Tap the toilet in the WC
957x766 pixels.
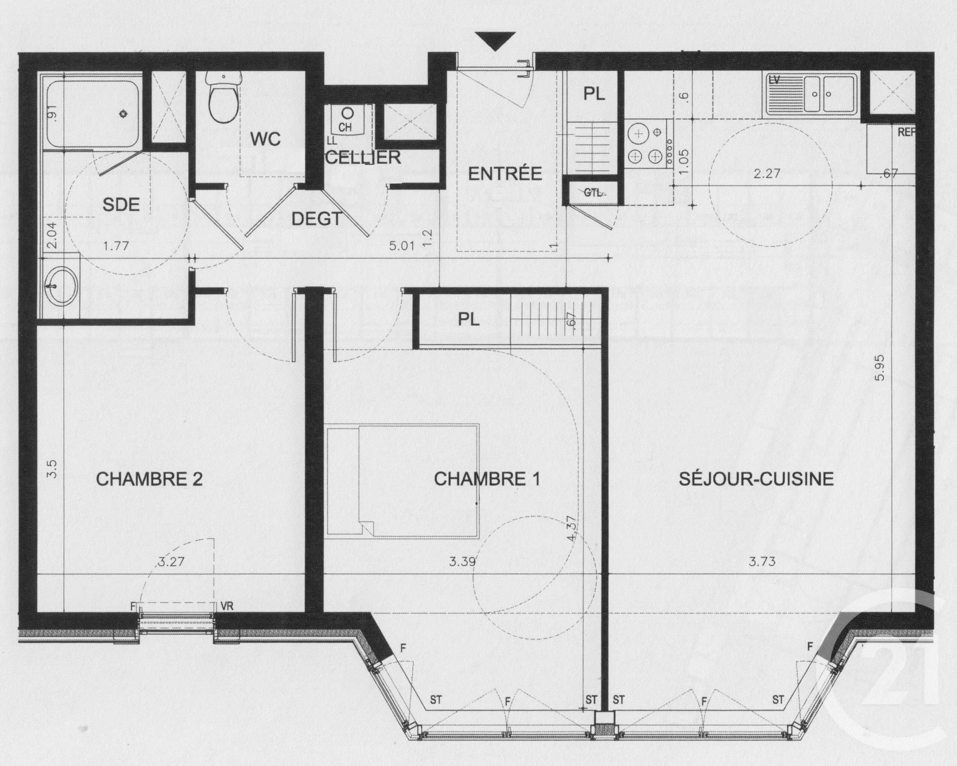(224, 97)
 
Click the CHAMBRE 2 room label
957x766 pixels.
(149, 479)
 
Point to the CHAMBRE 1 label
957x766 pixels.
(487, 479)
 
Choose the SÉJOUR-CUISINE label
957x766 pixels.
(756, 479)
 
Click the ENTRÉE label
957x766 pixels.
(505, 174)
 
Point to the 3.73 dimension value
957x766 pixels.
(762, 562)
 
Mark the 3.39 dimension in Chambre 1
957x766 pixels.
(462, 562)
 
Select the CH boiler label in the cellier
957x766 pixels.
(345, 127)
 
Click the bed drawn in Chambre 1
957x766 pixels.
(403, 481)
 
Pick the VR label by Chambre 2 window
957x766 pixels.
(226, 606)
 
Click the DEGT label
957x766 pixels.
(317, 218)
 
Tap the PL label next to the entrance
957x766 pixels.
(594, 94)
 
